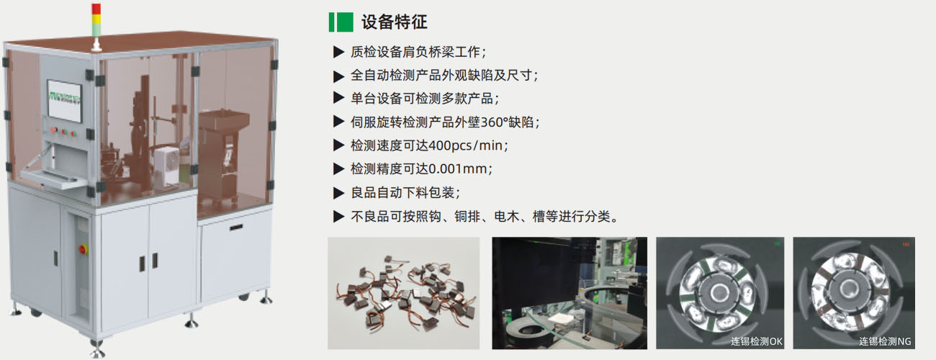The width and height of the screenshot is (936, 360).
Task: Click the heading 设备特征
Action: [395, 22]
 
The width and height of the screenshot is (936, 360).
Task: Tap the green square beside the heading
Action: [345, 22]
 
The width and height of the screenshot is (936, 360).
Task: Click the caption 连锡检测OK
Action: [756, 341]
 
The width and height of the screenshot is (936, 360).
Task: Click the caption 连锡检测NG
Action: [885, 341]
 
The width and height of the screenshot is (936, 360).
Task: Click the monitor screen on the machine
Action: [64, 101]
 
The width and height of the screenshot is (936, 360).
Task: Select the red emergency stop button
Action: [82, 249]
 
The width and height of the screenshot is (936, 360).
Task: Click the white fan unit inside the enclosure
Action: [167, 167]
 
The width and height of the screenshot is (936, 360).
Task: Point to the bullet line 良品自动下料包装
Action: [405, 192]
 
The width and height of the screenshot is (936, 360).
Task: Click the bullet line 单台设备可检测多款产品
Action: [425, 98]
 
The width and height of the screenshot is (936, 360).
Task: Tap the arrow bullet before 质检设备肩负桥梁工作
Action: [338, 53]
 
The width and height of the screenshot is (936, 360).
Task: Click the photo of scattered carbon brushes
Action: [403, 293]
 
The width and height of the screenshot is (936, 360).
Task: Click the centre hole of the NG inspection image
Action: [849, 288]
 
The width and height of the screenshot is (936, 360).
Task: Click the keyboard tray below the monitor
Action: [53, 176]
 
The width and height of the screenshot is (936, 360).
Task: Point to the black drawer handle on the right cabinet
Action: [236, 228]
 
